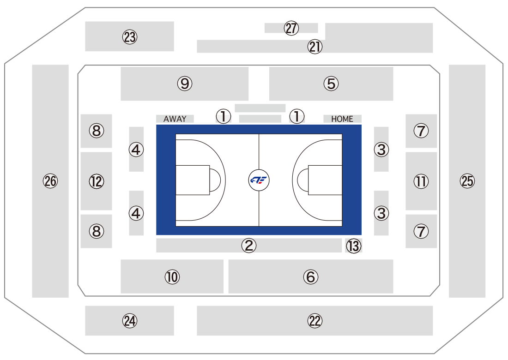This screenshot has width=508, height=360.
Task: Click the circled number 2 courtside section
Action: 249,246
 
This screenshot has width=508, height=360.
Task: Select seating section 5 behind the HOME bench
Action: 331,84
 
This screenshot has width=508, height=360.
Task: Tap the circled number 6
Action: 311,276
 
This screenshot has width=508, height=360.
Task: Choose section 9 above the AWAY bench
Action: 185,84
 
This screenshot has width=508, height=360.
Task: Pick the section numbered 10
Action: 172,276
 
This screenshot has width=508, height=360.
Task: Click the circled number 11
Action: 421,181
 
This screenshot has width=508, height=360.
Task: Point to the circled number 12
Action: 97,181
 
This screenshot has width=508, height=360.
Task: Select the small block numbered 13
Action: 353,246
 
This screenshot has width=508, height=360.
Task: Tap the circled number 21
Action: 315,47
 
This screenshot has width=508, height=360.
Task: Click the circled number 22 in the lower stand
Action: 315,321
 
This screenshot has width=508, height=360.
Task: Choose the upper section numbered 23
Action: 130,36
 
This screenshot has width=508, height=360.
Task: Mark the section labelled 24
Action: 130,321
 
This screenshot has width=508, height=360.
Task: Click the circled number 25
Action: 467,181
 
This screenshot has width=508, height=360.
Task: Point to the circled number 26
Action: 50,181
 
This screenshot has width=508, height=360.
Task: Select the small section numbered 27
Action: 291,28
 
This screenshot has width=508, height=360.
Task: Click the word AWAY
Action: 175,119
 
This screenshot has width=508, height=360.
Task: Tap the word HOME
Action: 342,119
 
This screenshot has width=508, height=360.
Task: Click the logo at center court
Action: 259,180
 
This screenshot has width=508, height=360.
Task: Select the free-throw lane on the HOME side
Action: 325,180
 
